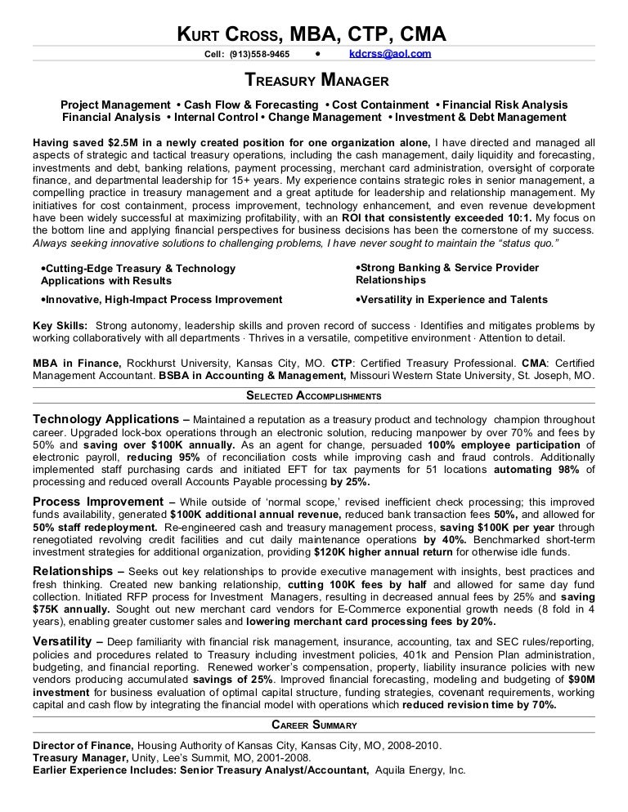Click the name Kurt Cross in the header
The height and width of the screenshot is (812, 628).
click(x=231, y=34)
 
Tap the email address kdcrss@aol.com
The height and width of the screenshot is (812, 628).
click(x=390, y=55)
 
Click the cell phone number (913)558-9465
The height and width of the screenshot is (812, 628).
click(x=259, y=55)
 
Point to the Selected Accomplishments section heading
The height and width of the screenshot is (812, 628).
click(x=314, y=396)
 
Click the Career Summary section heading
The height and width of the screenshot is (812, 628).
click(x=314, y=725)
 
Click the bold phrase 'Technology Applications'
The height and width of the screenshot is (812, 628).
click(x=105, y=418)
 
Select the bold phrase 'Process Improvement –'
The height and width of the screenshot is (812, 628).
click(x=104, y=502)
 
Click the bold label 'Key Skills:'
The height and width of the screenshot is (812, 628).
click(x=60, y=325)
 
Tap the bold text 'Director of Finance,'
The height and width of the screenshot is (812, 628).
click(x=83, y=746)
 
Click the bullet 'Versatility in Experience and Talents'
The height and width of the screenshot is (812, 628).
click(x=452, y=300)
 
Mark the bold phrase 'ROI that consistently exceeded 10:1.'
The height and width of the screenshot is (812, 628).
click(x=438, y=219)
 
